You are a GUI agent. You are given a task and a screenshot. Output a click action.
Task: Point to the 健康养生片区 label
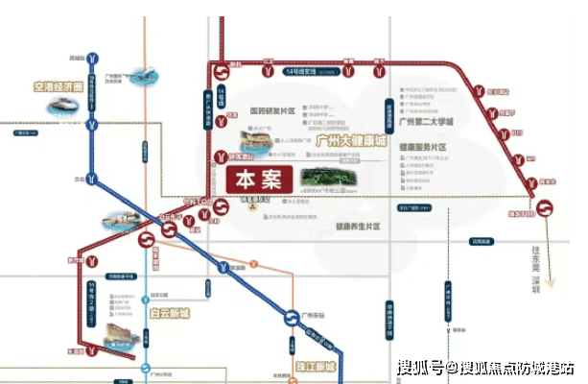[358, 227]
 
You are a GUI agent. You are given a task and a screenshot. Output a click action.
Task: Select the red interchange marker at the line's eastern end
[546, 207]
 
